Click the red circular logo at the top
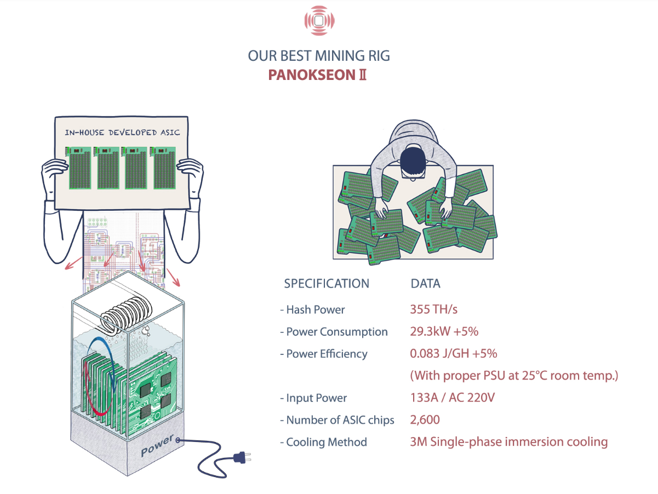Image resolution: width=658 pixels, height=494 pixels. click(x=319, y=21)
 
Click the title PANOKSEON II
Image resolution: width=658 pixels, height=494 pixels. click(x=317, y=75)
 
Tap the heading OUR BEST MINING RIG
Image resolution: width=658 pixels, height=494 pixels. click(x=319, y=56)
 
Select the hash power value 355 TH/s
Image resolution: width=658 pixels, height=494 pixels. click(x=433, y=309)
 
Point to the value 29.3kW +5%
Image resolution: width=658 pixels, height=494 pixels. click(x=444, y=331)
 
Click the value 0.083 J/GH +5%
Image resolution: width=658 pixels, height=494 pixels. click(x=453, y=353)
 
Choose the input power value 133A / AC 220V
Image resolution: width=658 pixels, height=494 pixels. click(x=452, y=398)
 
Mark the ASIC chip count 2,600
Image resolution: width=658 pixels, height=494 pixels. click(x=425, y=420)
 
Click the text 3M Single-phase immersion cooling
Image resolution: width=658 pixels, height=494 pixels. click(x=509, y=442)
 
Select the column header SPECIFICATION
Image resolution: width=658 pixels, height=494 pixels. click(x=327, y=283)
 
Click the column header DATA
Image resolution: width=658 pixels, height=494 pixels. click(x=425, y=283)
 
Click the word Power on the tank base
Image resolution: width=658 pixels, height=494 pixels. click(x=157, y=445)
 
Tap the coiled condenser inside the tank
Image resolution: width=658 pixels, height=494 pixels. click(x=125, y=316)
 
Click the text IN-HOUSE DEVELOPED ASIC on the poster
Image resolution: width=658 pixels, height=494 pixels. click(x=122, y=133)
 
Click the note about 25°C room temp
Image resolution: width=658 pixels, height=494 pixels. click(x=514, y=375)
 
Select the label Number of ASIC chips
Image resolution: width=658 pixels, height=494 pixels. click(x=340, y=420)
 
